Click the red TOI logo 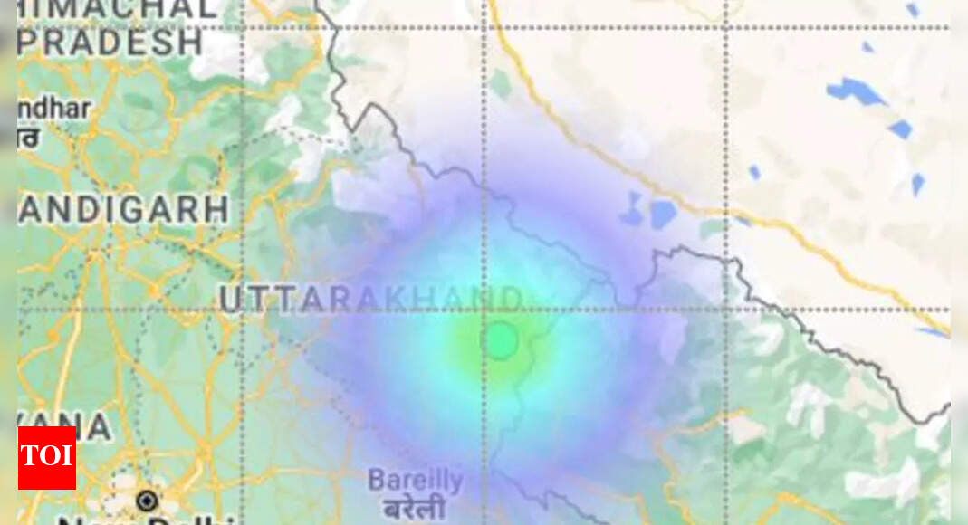tap(47, 457)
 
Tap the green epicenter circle tap(500, 341)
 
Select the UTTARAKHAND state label tap(371, 300)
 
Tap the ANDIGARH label tap(122, 209)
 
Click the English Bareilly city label tap(415, 480)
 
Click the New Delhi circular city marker tap(146, 500)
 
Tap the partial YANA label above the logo tap(63, 427)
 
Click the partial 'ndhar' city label tap(54, 109)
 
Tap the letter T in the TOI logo tap(31, 457)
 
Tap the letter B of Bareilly tap(376, 480)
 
